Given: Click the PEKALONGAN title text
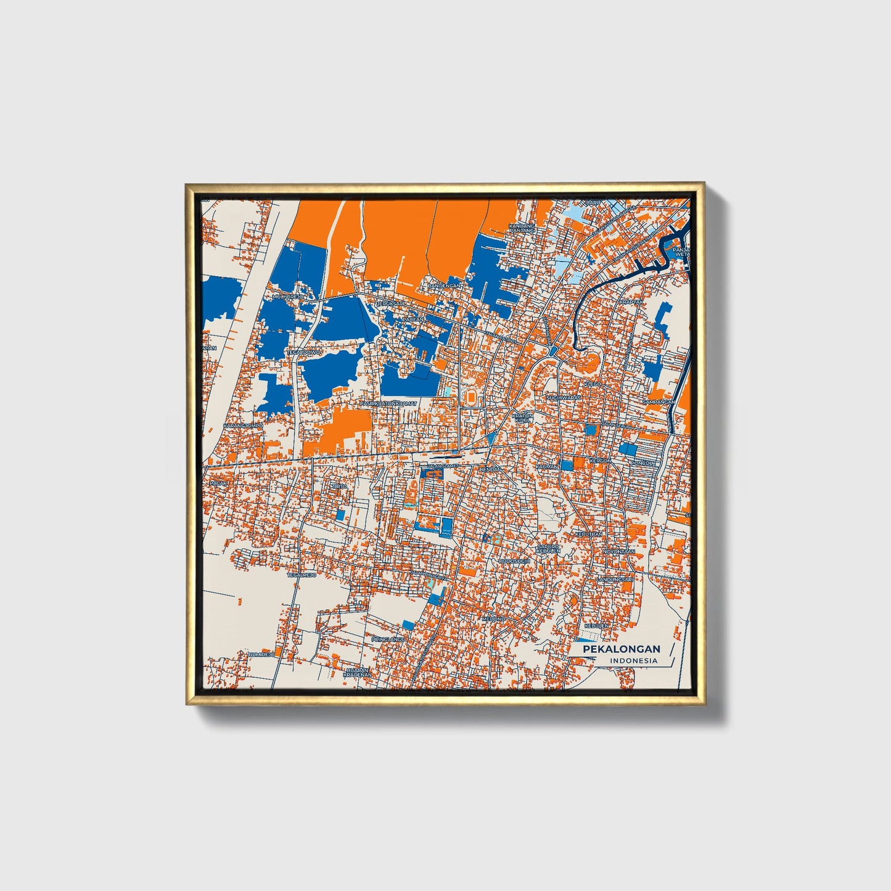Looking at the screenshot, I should click(x=622, y=649).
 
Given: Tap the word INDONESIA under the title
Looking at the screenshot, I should click(x=634, y=660).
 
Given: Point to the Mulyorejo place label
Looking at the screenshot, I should click(x=288, y=297).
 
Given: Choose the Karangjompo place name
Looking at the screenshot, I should click(x=243, y=425).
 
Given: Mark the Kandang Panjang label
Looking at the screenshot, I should click(x=522, y=228).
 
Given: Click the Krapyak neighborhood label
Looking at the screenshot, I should click(x=631, y=302).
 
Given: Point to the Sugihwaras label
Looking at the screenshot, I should click(x=564, y=398).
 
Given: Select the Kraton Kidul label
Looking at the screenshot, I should click(x=522, y=418).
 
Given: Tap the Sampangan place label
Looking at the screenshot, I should click(x=658, y=401).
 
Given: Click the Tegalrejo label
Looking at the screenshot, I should click(x=302, y=575).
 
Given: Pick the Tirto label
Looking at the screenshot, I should click(x=340, y=487).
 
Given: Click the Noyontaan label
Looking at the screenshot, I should click(x=618, y=551).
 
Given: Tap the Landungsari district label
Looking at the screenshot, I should click(x=615, y=580).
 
